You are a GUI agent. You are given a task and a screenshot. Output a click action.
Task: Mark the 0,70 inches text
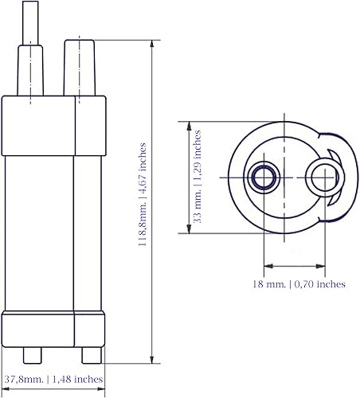(x=318, y=283)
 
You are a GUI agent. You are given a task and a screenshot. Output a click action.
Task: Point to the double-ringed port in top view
(x=263, y=178)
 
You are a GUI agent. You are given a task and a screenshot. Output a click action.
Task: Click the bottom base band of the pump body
(x=53, y=328)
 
